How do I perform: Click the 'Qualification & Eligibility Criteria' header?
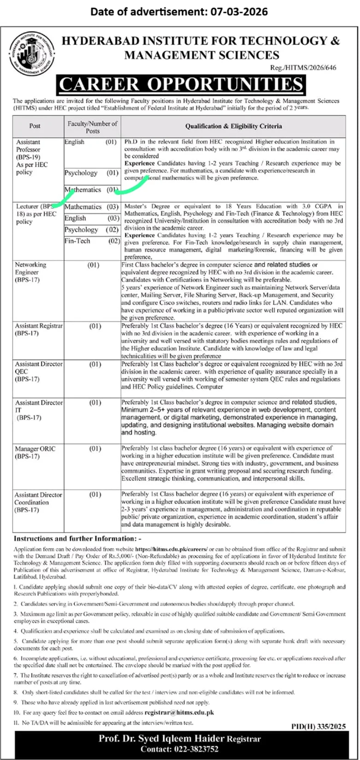233,125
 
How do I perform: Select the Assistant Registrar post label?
37,329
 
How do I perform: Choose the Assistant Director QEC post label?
37,372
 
